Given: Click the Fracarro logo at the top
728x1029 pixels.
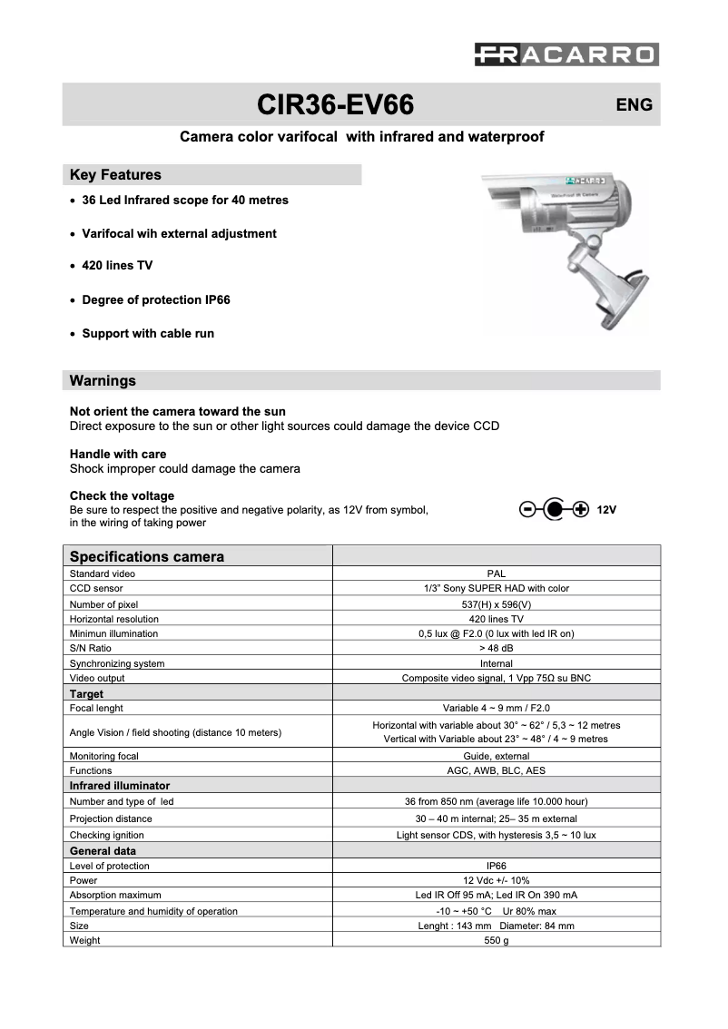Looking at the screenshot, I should [x=566, y=55].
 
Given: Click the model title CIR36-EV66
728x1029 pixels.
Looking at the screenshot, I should [x=336, y=105].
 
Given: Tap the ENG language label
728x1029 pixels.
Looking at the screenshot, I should [x=634, y=105].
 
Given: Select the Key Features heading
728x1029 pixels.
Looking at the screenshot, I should [x=115, y=174].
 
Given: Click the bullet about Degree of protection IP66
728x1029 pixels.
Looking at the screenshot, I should [x=155, y=299].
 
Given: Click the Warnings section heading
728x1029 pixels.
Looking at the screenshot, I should [x=103, y=380].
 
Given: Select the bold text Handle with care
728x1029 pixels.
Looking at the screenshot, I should [x=118, y=454].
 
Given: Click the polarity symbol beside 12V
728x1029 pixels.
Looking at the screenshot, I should [x=554, y=509].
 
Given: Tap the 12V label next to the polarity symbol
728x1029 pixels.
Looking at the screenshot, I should [x=607, y=510].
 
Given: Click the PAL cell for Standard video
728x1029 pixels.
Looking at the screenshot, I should [x=496, y=573].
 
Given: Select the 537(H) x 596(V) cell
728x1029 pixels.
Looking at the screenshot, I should [x=496, y=603].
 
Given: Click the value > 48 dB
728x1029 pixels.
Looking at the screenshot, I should [x=496, y=648].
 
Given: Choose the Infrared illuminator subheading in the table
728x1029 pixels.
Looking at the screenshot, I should [x=120, y=786].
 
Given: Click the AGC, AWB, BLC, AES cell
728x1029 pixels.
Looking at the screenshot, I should [x=496, y=770].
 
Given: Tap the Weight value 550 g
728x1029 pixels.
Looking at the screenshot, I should [x=496, y=940].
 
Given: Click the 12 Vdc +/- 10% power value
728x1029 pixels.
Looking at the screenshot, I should [x=496, y=880].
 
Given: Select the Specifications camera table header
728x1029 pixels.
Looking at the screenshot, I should [x=147, y=556].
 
